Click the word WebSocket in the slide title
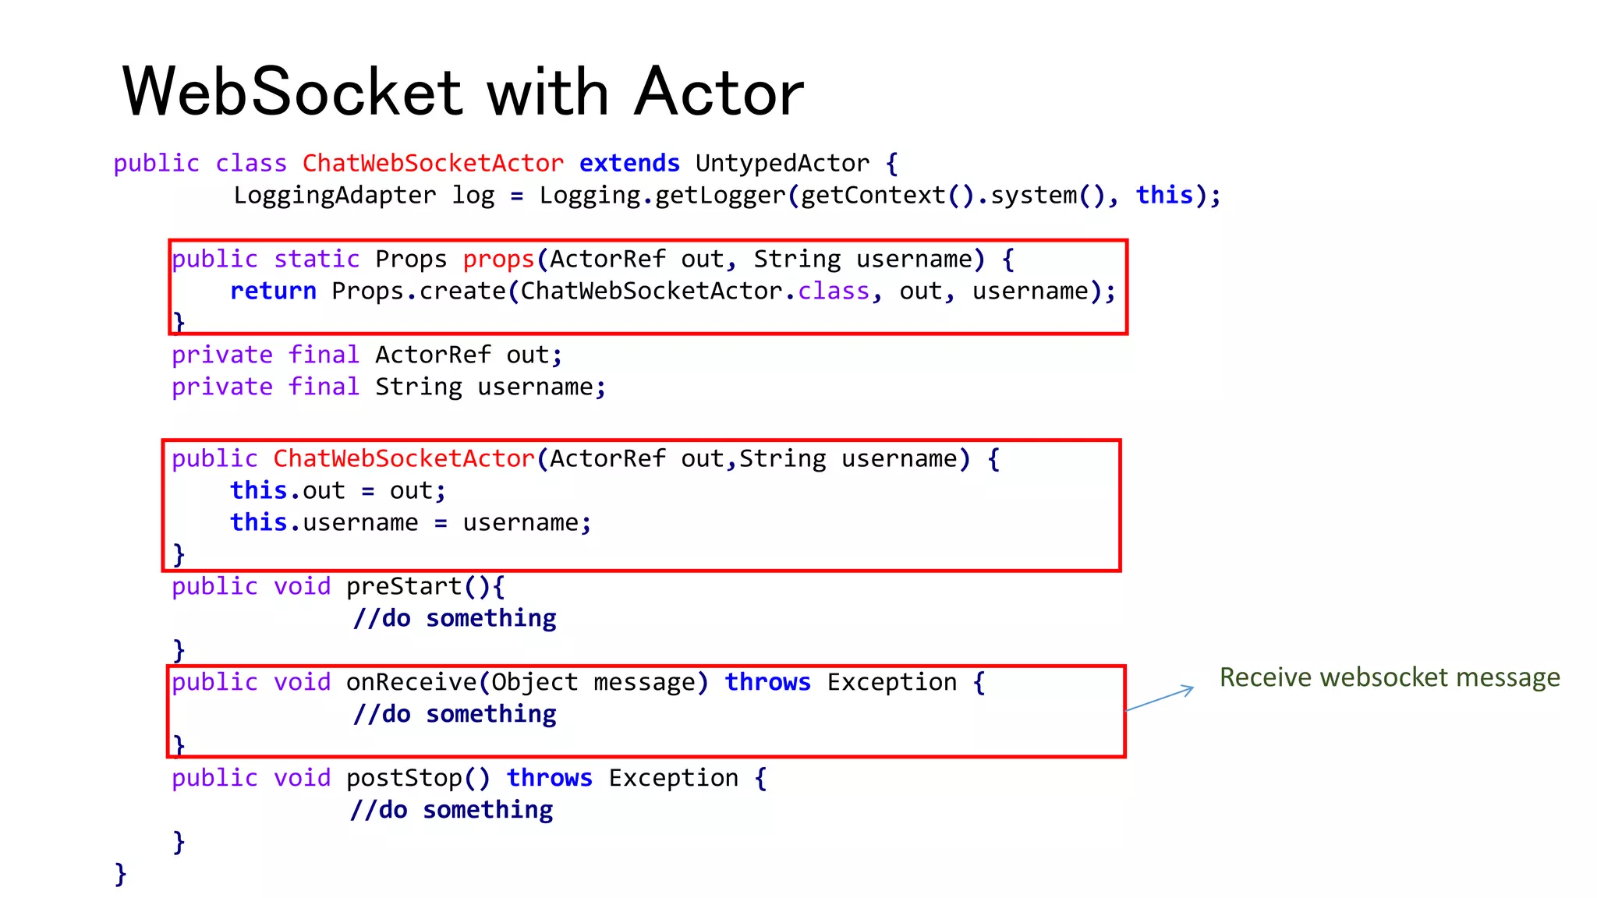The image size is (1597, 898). point(293,92)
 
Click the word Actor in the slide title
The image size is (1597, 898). point(718,92)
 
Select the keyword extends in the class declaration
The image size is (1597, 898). point(629,163)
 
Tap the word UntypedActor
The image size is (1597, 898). point(782,163)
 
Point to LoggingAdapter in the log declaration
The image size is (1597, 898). point(335,195)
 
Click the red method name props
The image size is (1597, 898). point(498,259)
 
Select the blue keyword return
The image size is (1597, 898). point(273,291)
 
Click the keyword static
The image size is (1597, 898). point(317,259)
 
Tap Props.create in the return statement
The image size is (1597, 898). point(419,291)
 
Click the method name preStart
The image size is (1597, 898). point(404,586)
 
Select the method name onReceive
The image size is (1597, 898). point(411,682)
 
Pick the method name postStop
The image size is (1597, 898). point(404,778)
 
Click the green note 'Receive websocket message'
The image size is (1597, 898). point(1390,677)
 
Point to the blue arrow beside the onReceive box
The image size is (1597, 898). point(1160,698)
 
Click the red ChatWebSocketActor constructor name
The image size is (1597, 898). point(404,458)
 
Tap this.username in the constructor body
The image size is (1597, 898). point(324,522)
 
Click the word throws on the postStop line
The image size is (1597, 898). point(549,778)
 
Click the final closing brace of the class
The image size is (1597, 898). point(120,874)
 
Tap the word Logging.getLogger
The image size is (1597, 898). point(662,195)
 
